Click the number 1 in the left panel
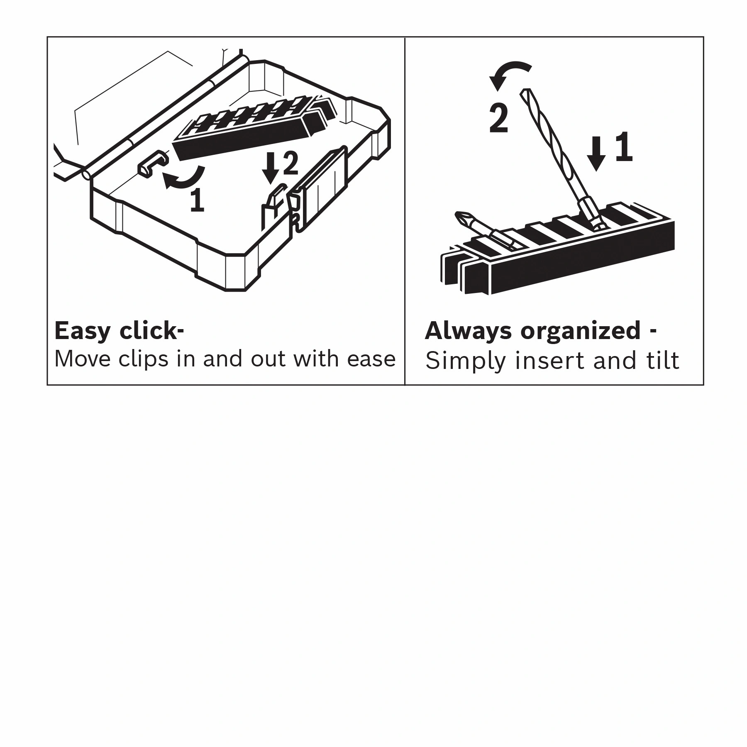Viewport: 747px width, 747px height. click(x=198, y=200)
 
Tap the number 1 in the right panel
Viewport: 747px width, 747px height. click(x=623, y=147)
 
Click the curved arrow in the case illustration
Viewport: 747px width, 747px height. click(x=183, y=178)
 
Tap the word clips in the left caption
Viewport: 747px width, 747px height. click(x=143, y=359)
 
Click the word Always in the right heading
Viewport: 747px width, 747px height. click(x=468, y=331)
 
